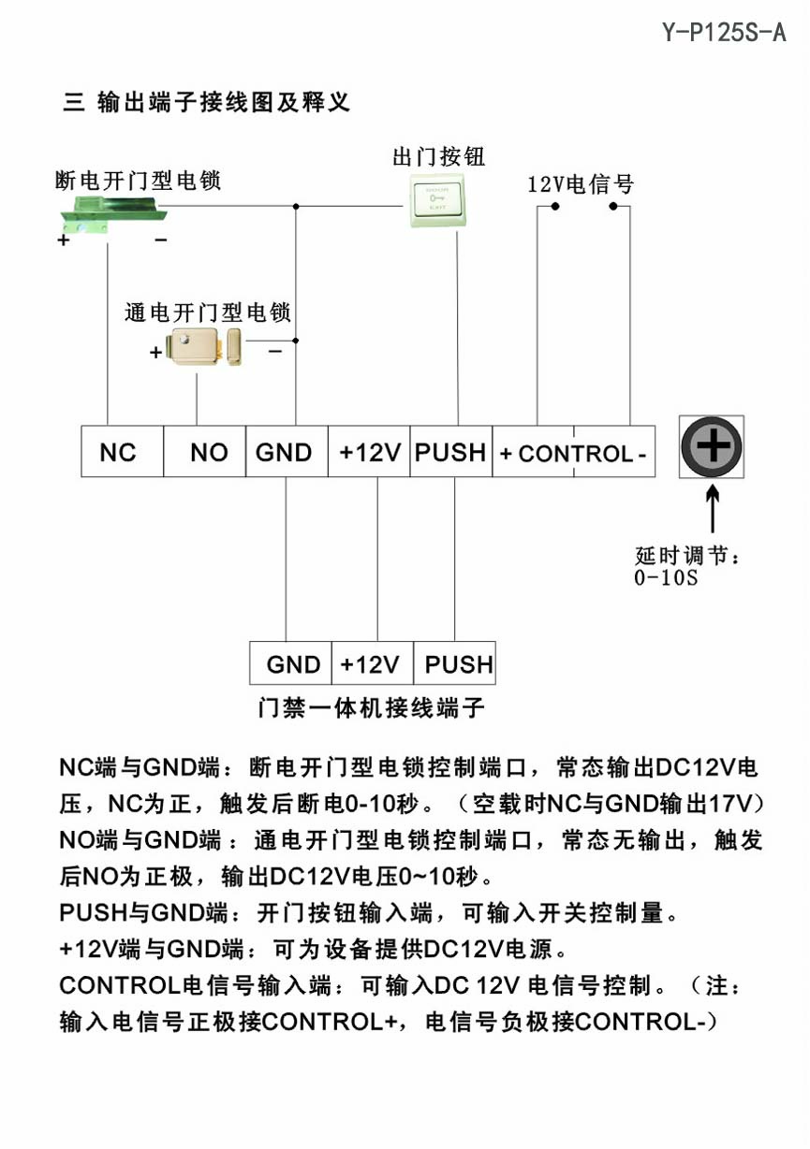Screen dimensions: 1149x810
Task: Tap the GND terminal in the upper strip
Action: [286, 453]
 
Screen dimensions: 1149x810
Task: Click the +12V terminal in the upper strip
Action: [369, 453]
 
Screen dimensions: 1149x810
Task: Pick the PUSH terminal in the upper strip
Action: [451, 453]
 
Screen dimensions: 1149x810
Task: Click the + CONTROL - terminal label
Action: [573, 454]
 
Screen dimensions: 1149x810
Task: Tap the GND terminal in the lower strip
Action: [292, 664]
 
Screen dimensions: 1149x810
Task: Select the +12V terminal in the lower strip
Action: [371, 664]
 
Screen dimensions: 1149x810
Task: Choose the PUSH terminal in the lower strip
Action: [456, 664]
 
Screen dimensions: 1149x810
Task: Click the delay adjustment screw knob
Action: [712, 446]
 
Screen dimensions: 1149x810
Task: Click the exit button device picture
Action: [438, 200]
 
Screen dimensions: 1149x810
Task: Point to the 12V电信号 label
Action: [581, 183]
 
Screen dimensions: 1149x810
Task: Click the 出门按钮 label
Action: [438, 155]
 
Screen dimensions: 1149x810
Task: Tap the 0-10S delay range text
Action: [666, 577]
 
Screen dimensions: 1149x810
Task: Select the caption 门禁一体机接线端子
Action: [371, 707]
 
